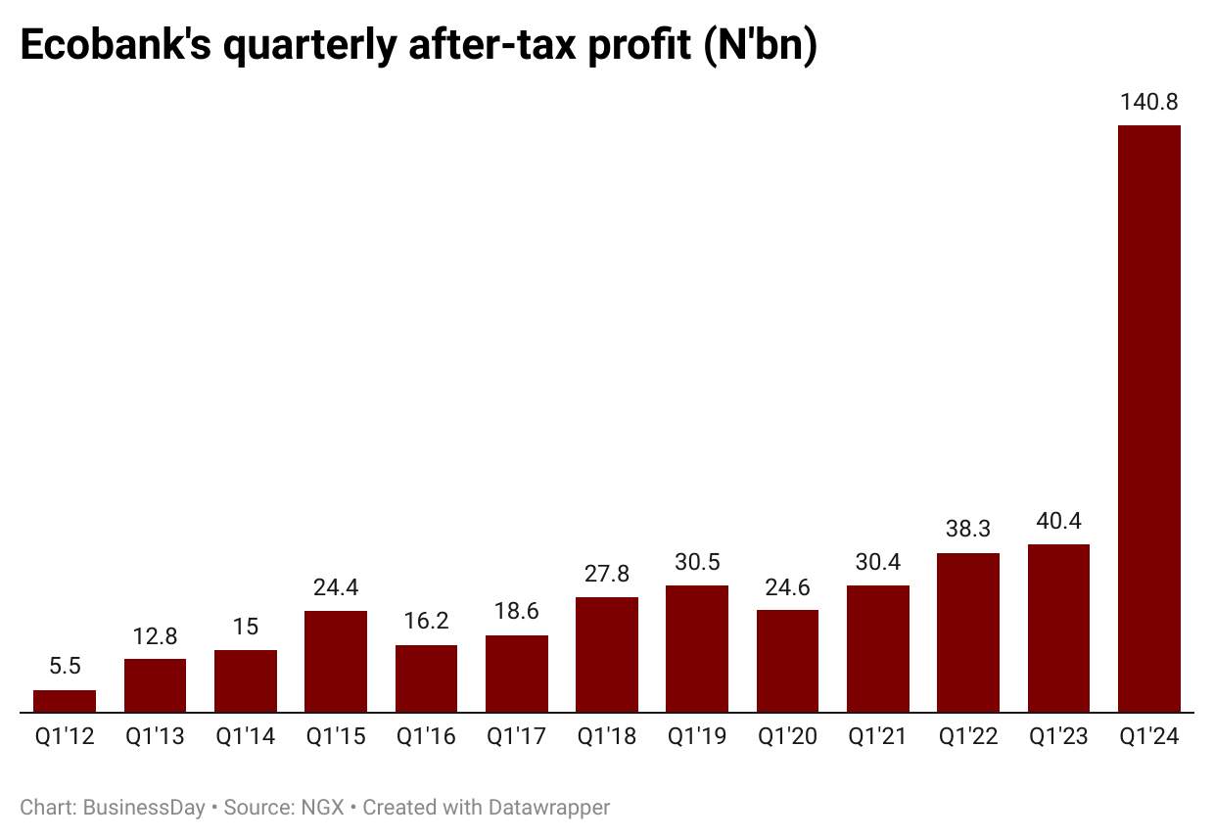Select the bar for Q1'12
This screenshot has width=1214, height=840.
(x=65, y=701)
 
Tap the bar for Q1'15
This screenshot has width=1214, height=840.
(x=336, y=662)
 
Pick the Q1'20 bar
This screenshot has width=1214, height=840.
(x=787, y=661)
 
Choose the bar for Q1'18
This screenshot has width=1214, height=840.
(x=607, y=655)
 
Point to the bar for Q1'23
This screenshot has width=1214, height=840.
(x=1058, y=629)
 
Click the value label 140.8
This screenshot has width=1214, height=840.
(x=1148, y=102)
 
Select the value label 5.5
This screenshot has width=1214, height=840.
(x=65, y=667)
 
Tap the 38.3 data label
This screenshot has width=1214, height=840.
(x=968, y=529)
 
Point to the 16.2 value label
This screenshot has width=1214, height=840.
(x=426, y=622)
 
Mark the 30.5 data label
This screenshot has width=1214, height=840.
(x=697, y=562)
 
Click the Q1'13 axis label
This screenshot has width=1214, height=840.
(x=155, y=737)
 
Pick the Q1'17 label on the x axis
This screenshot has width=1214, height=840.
(x=516, y=737)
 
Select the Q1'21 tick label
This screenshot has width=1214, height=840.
(x=878, y=737)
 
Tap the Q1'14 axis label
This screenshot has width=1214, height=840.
(x=245, y=737)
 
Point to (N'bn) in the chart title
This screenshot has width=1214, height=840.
(x=760, y=47)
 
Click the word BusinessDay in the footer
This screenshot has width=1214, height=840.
(x=144, y=808)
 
